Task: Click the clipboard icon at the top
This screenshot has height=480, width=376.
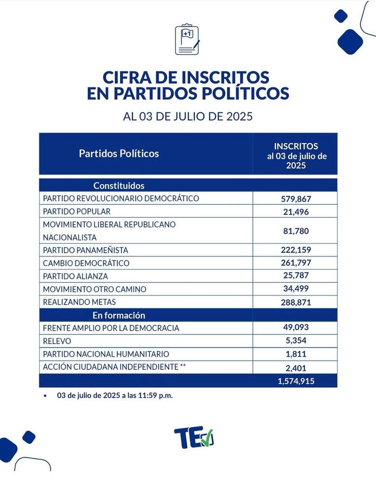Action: pos(188,40)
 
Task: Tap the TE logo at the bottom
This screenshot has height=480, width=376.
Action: pos(194,437)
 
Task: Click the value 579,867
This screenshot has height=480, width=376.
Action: pos(295,199)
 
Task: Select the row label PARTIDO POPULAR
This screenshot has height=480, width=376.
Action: pos(77,212)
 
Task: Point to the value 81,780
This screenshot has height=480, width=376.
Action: pos(295,231)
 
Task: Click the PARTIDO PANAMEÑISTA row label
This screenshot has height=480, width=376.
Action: pos(85,250)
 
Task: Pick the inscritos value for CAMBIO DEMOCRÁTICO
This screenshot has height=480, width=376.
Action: pos(295,263)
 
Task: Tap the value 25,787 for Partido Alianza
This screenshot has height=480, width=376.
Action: pos(295,276)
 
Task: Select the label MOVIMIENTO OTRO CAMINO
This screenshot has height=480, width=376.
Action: pos(94,289)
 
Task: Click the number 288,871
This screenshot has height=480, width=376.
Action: pos(295,303)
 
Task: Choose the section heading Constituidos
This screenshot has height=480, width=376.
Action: pos(119,186)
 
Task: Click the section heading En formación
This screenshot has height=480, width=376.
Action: pos(119,316)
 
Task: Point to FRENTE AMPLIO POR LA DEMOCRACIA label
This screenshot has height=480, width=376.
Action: pos(111,328)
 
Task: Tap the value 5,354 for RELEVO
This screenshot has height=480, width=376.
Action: pos(295,341)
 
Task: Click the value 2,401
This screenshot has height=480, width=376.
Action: pos(295,367)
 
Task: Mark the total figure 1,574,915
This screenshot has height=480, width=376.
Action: pos(295,381)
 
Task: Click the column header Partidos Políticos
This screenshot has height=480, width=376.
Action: pos(119,154)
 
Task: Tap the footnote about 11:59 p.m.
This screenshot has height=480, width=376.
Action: pos(114,395)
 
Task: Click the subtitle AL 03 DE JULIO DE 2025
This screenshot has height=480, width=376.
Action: pos(188,117)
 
